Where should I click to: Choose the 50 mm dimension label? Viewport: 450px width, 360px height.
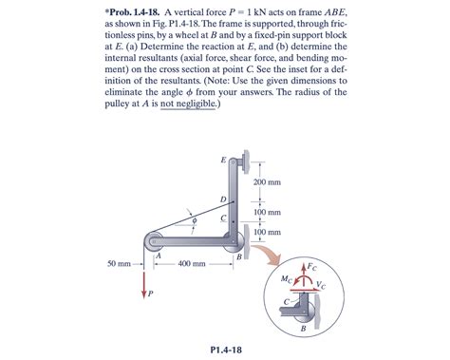click(118, 263)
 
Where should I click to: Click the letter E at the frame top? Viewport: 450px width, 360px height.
click(223, 159)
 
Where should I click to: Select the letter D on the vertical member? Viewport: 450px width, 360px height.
click(223, 199)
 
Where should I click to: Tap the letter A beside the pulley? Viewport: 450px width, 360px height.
click(158, 255)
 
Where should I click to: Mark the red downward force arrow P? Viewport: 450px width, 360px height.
click(145, 282)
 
